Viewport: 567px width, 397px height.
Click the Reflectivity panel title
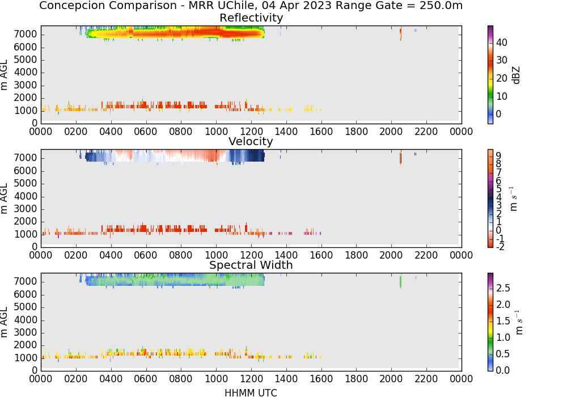pyautogui.click(x=251, y=18)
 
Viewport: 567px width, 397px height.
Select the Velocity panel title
pyautogui.click(x=251, y=141)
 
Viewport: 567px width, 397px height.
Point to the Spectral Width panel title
pyautogui.click(x=251, y=265)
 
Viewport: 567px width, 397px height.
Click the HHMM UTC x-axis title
pyautogui.click(x=251, y=393)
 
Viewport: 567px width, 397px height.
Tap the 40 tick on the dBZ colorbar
pyautogui.click(x=502, y=43)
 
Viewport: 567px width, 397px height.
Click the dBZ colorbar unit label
pyautogui.click(x=516, y=75)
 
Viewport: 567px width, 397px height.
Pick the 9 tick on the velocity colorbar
pyautogui.click(x=498, y=155)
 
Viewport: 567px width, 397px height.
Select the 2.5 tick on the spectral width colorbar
pyautogui.click(x=503, y=288)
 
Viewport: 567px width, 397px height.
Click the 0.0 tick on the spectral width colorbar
pyautogui.click(x=503, y=370)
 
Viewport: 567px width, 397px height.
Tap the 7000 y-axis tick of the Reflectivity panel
pyautogui.click(x=26, y=35)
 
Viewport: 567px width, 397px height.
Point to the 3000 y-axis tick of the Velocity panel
pyautogui.click(x=26, y=209)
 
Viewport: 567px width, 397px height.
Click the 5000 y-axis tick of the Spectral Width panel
pyautogui.click(x=26, y=307)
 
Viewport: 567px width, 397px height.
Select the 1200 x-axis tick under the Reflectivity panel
pyautogui.click(x=251, y=132)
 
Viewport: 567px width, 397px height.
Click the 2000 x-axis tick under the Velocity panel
pyautogui.click(x=391, y=255)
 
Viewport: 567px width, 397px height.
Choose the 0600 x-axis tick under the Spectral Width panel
pyautogui.click(x=146, y=379)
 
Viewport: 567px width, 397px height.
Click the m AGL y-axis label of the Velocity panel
pyautogui.click(x=4, y=198)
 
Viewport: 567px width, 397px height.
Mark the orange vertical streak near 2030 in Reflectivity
pyautogui.click(x=401, y=33)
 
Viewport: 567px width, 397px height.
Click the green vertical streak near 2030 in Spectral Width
pyautogui.click(x=401, y=281)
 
